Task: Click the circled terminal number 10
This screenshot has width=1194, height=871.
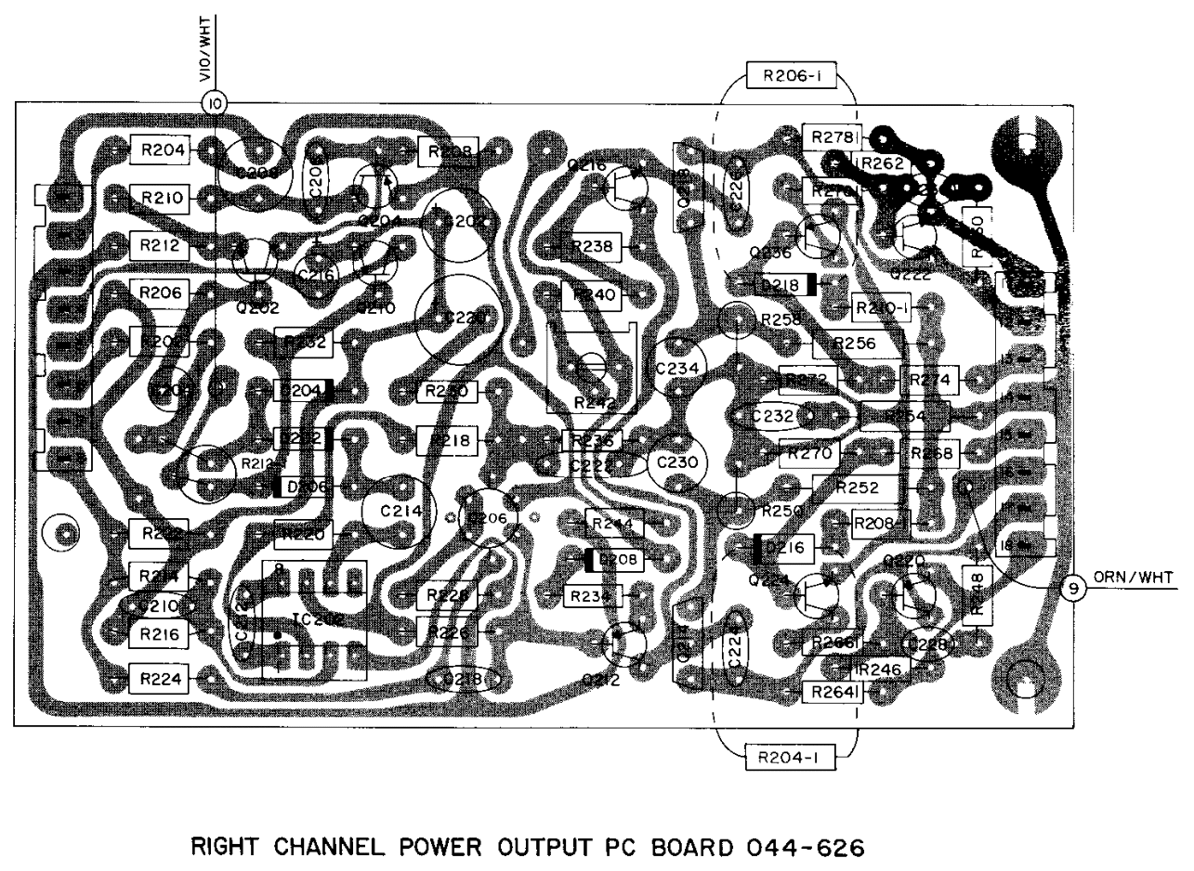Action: [x=216, y=102]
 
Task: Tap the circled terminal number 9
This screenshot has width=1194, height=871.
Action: [x=1072, y=588]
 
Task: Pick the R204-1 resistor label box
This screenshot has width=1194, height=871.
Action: [x=786, y=757]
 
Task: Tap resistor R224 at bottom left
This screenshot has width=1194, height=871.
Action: [x=159, y=678]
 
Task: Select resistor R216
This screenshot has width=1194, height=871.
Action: [x=159, y=633]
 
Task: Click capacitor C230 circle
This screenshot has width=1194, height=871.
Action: [x=676, y=461]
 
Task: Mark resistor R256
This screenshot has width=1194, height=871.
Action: [x=854, y=343]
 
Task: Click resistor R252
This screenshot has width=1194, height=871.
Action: [x=857, y=487]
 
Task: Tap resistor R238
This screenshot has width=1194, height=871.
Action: [x=593, y=247]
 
